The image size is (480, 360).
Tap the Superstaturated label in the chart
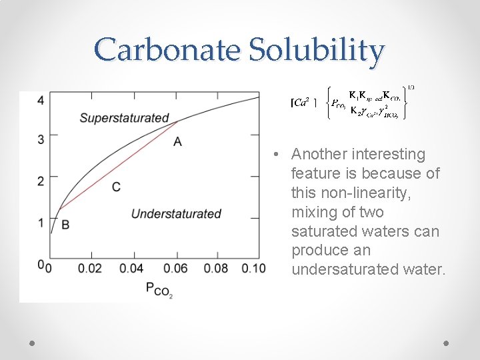pyautogui.click(x=124, y=118)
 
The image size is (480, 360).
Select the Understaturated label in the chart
pyautogui.click(x=176, y=214)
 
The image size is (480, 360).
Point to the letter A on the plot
pyautogui.click(x=177, y=141)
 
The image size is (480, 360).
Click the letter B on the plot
pyautogui.click(x=65, y=225)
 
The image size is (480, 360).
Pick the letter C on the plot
pyautogui.click(x=116, y=187)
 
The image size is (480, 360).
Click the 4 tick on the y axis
pyautogui.click(x=41, y=100)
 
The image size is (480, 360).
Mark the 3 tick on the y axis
pyautogui.click(x=41, y=139)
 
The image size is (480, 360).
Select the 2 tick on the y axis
pyautogui.click(x=41, y=181)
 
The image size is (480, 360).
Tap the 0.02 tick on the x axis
pyautogui.click(x=90, y=269)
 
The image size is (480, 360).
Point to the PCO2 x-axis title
pyautogui.click(x=159, y=289)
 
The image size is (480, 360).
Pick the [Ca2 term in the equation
pyautogui.click(x=302, y=103)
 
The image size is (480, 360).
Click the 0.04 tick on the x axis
pyautogui.click(x=131, y=269)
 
